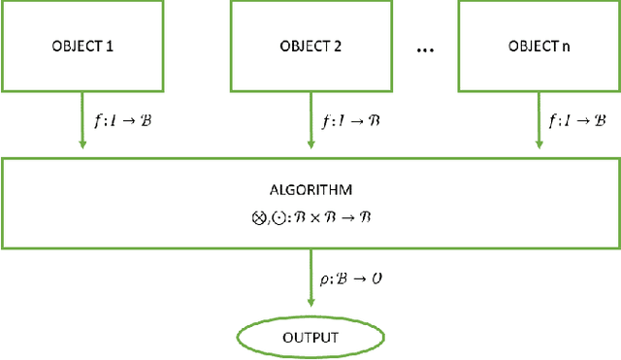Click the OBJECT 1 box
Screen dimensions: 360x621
coord(82,46)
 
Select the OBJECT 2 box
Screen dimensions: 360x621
coord(310,46)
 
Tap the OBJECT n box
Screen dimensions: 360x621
coord(538,46)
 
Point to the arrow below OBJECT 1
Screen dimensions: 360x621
coord(82,120)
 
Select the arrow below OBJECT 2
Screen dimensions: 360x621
coord(310,120)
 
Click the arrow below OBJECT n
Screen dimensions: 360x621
coord(538,120)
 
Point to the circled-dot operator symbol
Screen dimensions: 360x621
coord(276,218)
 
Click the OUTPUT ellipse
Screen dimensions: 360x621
coord(310,337)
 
